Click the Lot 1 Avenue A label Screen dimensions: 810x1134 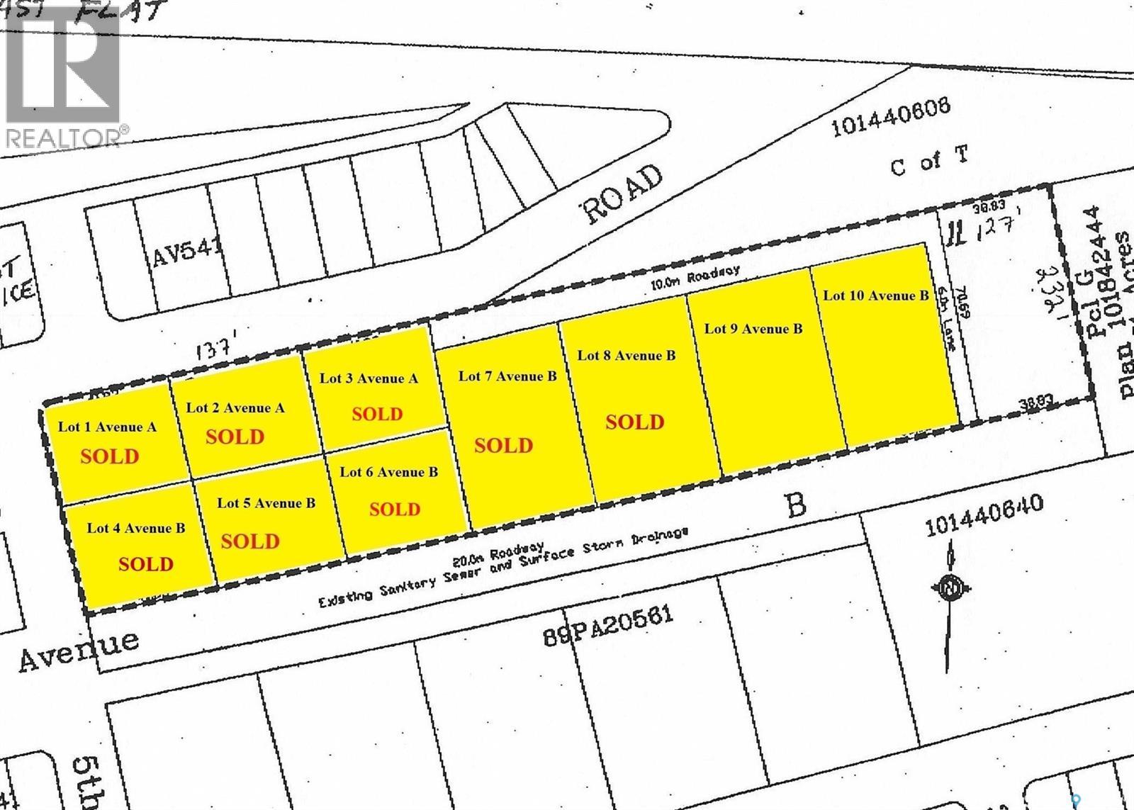coord(107,427)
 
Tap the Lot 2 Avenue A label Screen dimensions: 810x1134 coord(235,407)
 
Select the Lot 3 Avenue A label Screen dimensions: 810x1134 coord(369,378)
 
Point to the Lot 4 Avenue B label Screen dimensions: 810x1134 coord(136,528)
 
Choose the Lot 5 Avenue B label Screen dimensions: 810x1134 coord(266,503)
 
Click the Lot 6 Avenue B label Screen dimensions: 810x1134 coord(388,472)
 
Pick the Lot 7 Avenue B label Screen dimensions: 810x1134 coord(507,376)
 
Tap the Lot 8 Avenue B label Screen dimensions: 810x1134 coord(627,355)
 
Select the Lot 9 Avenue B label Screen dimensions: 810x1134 coord(753,328)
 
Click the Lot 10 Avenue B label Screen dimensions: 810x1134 coord(876,296)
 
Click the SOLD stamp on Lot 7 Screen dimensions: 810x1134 coord(503,446)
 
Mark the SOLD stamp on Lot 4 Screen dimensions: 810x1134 coord(146,564)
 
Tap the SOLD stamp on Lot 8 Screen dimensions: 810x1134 coord(635,422)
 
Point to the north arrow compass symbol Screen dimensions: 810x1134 coord(950,586)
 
